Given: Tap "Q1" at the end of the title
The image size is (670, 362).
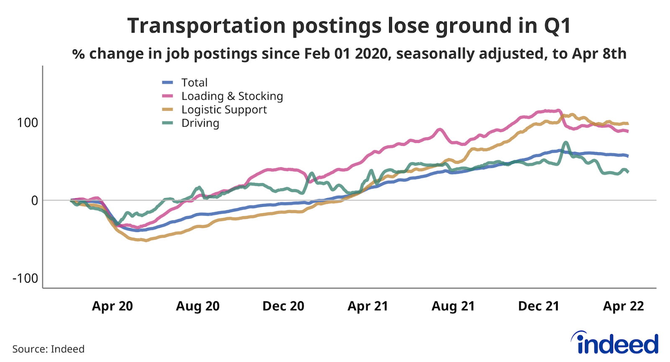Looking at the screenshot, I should click(557, 26).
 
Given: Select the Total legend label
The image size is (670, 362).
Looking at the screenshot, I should click(194, 83).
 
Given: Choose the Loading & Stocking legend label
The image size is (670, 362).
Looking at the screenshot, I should click(232, 96).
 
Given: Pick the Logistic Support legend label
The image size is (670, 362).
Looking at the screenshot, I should click(224, 110).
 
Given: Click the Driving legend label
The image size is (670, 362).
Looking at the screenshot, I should click(200, 123).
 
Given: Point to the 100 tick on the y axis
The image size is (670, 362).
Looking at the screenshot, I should click(27, 123).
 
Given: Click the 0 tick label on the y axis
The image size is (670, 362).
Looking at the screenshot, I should click(34, 201).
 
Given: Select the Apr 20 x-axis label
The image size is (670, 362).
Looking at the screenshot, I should click(112, 306).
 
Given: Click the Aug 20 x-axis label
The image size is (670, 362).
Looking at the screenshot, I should click(198, 306).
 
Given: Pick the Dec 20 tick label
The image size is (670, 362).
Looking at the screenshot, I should click(283, 306).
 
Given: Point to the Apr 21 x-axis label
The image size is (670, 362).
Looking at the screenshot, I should click(368, 306).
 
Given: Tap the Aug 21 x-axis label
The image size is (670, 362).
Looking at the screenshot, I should click(453, 306).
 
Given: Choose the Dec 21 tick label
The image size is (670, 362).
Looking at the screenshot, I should click(539, 306).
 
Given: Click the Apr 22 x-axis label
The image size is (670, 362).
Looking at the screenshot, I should click(623, 306).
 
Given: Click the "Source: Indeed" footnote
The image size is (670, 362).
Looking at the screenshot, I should click(48, 349).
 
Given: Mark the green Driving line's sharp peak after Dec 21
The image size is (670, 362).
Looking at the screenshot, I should click(566, 143).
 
